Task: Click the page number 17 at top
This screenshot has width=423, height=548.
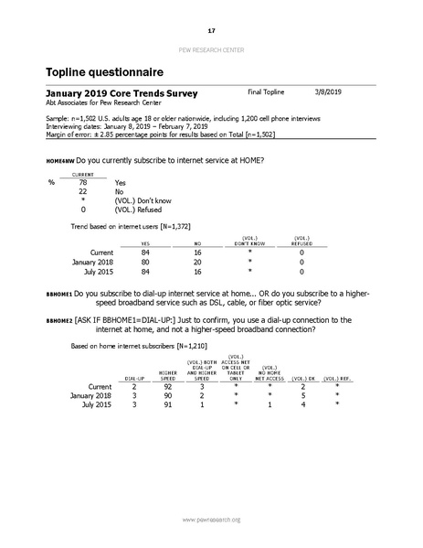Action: (x=211, y=30)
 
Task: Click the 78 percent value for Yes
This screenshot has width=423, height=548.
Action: (x=83, y=183)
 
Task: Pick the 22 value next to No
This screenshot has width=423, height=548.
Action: (x=83, y=192)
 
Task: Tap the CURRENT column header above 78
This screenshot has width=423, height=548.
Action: (x=84, y=174)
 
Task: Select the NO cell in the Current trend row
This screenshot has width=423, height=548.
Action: (x=197, y=252)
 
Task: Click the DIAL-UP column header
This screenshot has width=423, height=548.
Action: (x=133, y=378)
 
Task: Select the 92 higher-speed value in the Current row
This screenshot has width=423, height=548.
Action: (x=168, y=387)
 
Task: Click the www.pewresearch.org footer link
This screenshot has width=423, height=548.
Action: (x=211, y=520)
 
